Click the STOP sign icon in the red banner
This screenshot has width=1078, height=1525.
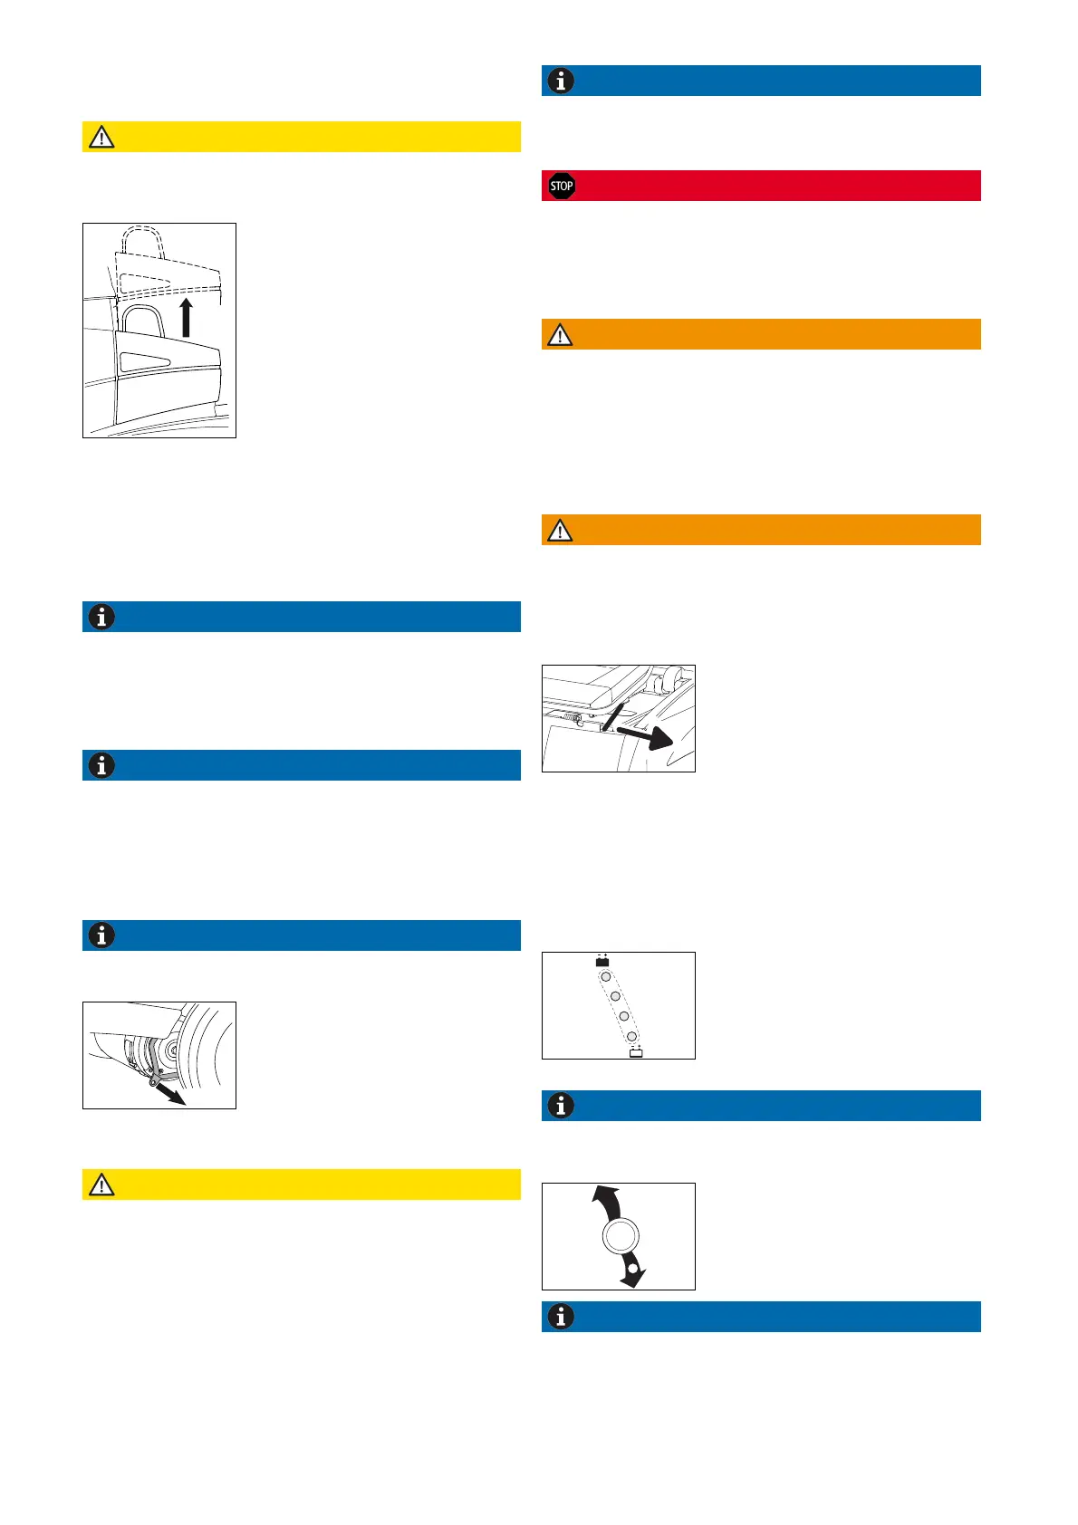pos(562,187)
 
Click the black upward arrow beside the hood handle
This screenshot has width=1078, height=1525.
pos(187,319)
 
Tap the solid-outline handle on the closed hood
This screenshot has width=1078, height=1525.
pos(143,321)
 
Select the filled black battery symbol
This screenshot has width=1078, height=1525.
pos(602,961)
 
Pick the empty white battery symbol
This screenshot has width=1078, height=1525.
pos(636,1052)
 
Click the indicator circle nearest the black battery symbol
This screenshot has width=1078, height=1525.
pos(606,977)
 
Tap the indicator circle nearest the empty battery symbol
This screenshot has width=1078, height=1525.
pos(632,1035)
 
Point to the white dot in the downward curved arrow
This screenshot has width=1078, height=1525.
pos(632,1268)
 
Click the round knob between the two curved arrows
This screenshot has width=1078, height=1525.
pos(620,1236)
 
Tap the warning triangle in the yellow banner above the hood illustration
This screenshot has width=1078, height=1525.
pos(101,138)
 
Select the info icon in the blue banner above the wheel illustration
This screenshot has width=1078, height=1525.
pos(101,935)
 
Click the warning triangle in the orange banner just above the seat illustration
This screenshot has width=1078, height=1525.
pos(560,531)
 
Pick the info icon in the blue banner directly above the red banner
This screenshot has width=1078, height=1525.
pos(561,81)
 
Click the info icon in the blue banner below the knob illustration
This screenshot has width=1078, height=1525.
pos(561,1317)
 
